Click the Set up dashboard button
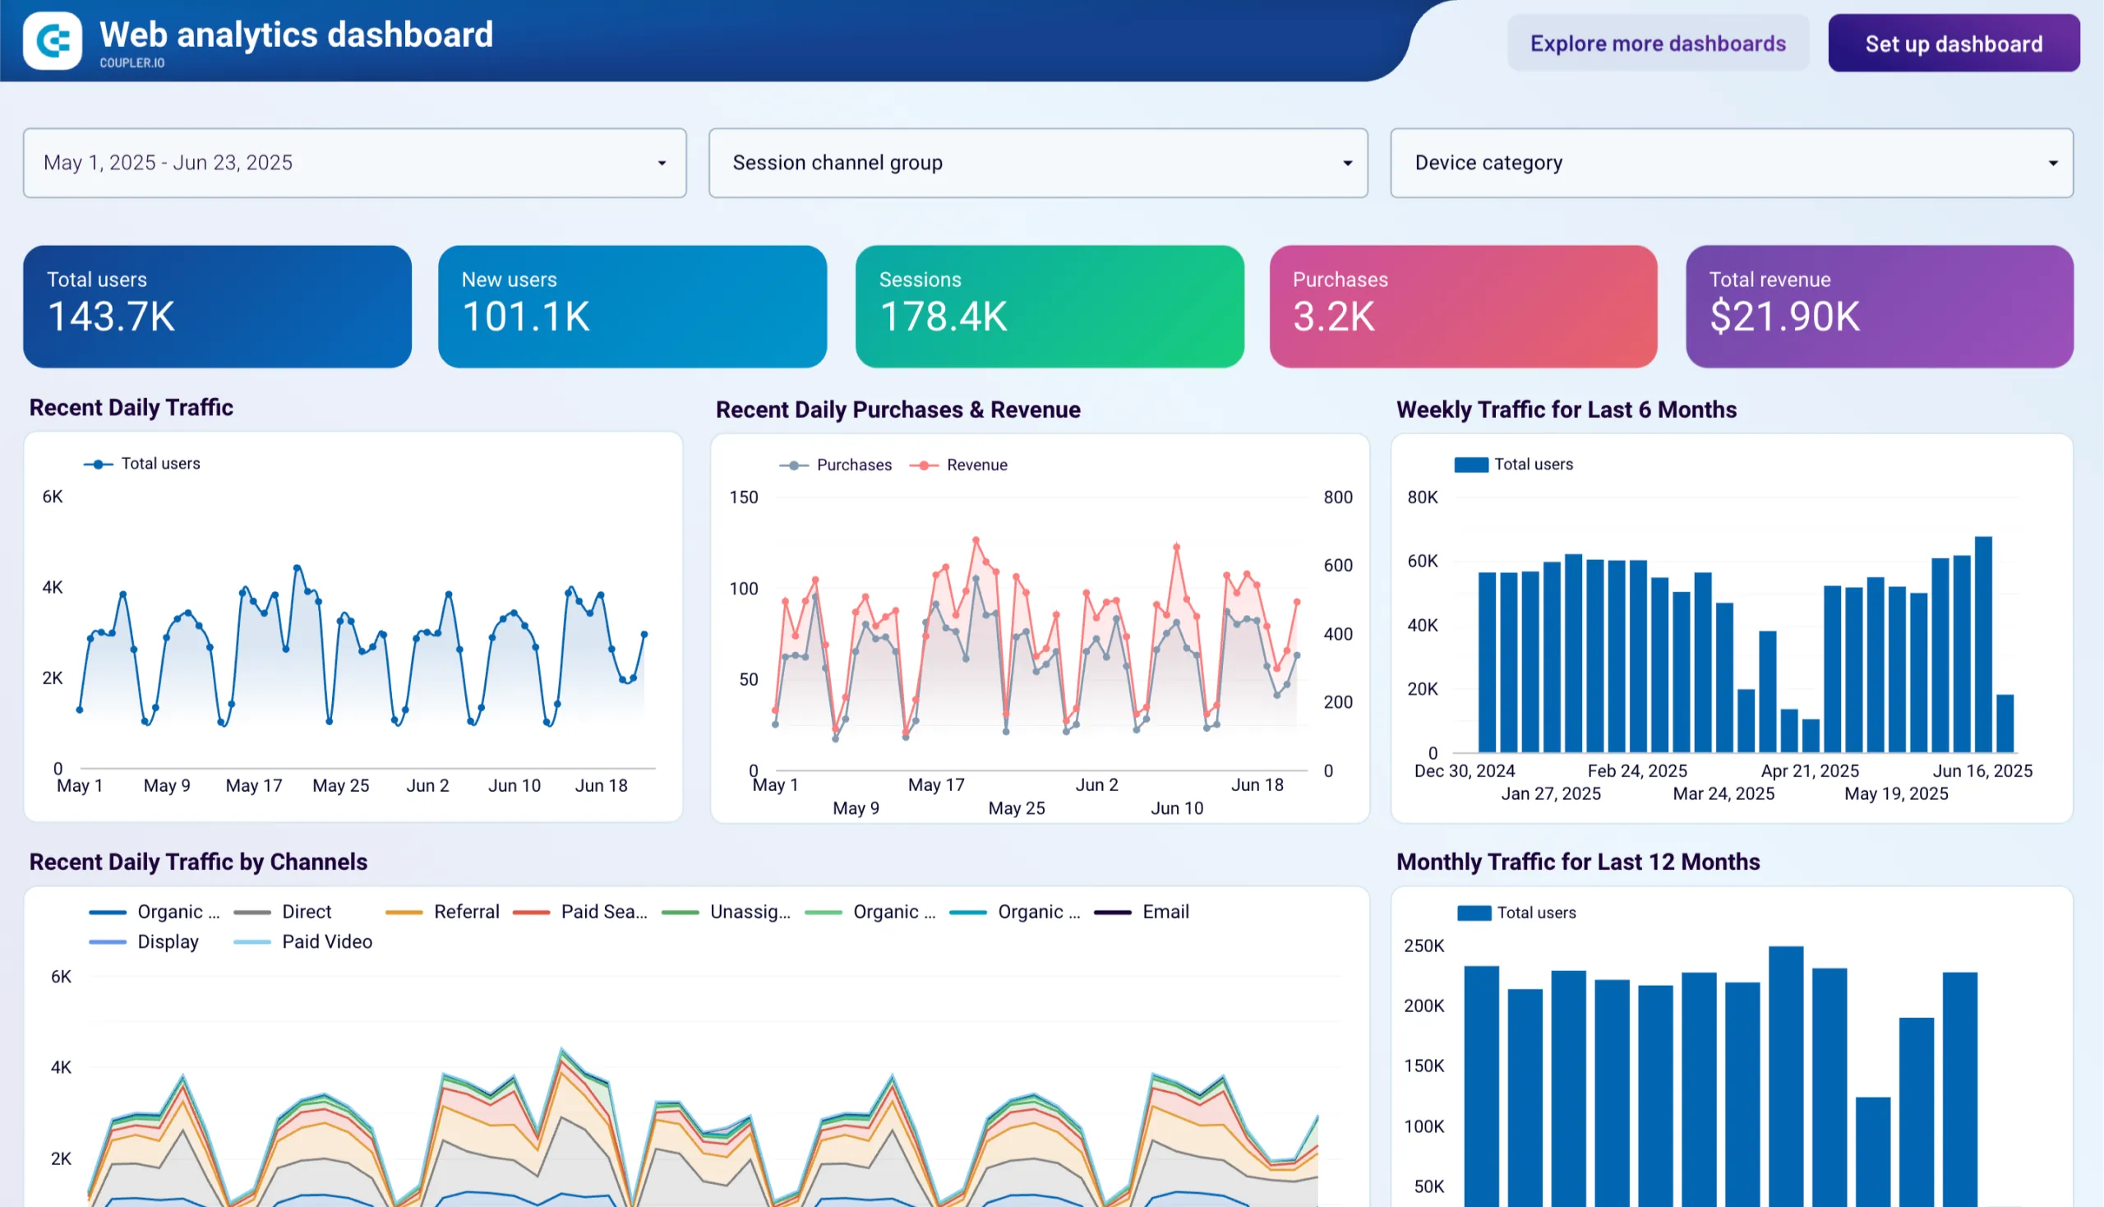coord(1953,43)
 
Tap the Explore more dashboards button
coord(1658,43)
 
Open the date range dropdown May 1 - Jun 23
coord(355,163)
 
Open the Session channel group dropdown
coord(1037,163)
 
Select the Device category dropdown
coord(1731,163)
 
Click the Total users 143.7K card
coord(217,306)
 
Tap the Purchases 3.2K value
coord(1333,317)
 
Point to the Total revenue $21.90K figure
coord(1784,317)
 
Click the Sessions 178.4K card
coord(1049,306)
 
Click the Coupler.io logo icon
coord(53,40)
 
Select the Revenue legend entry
coord(976,465)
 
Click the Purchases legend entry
coord(853,465)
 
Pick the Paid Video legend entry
coord(325,941)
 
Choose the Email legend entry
coord(1165,912)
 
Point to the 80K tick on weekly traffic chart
coord(1422,497)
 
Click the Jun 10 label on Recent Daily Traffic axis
coord(514,786)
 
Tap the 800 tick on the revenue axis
coord(1337,497)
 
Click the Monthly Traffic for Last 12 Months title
coord(1578,862)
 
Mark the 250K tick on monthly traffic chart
coord(1423,946)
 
